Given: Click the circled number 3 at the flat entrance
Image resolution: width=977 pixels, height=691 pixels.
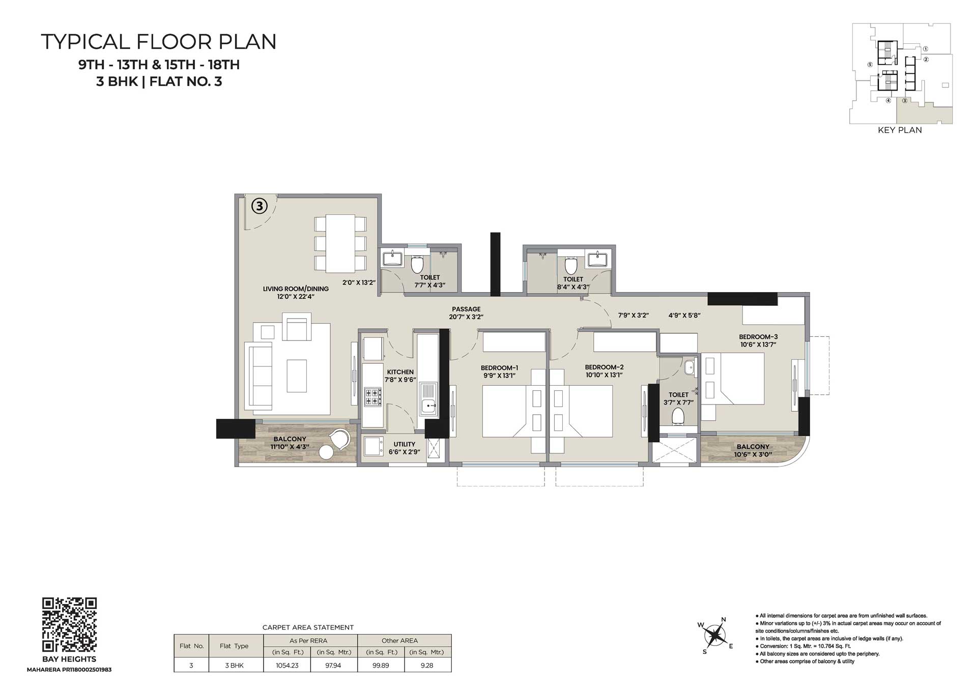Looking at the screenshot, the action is tap(260, 206).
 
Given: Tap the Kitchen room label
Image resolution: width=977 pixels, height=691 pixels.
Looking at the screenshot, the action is tap(400, 372).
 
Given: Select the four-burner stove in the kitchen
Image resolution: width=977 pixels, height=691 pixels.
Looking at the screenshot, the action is tap(372, 397).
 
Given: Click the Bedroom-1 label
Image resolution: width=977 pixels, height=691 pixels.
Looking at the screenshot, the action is tap(500, 368).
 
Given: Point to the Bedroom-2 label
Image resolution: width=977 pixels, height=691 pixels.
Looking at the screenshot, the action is tap(604, 367).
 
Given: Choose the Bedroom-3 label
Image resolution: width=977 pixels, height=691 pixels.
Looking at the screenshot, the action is tap(758, 337).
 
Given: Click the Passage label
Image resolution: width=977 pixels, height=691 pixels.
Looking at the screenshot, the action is tap(466, 309).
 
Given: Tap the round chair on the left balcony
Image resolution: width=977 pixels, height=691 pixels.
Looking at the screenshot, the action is tap(340, 438).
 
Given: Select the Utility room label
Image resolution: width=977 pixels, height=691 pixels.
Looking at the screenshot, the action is tap(405, 444).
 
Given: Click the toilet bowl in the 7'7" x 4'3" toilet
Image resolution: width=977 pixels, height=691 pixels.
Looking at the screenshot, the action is tap(417, 264).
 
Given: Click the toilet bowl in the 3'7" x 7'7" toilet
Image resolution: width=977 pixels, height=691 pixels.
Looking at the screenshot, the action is tap(678, 417).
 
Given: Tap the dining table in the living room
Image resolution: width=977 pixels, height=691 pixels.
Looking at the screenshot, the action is tap(340, 244).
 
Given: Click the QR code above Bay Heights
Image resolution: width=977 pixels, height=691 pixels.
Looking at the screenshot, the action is tap(69, 625).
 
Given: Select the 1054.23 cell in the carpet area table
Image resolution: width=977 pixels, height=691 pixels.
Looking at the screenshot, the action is tap(287, 665).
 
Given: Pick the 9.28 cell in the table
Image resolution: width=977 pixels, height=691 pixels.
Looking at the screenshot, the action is tap(427, 665).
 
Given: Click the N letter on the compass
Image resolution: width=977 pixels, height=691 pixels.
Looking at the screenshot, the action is tap(724, 620).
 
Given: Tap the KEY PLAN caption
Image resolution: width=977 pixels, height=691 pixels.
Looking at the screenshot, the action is tap(900, 130).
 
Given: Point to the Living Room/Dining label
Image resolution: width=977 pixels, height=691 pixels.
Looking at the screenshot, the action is tap(296, 289).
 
